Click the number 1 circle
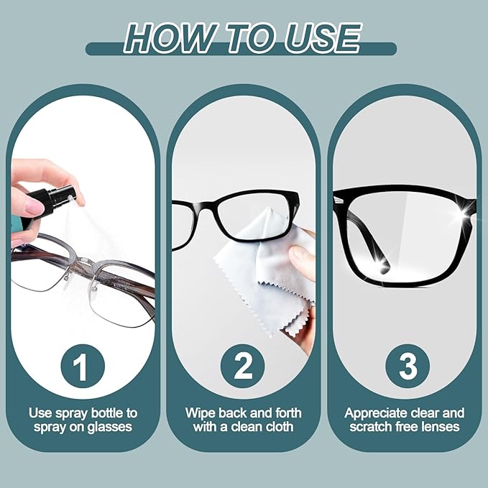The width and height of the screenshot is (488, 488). tap(81, 367)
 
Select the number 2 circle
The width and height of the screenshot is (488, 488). tap(243, 367)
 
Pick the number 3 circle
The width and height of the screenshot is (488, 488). tap(408, 367)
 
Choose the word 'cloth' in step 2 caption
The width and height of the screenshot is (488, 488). tap(278, 427)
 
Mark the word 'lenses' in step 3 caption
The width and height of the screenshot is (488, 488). tap(439, 427)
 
